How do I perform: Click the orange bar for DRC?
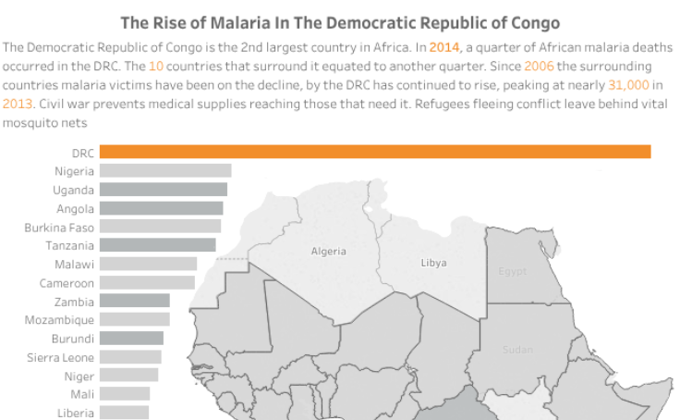coord(374,152)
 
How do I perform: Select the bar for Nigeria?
coord(164,171)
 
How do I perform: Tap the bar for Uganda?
coord(163,190)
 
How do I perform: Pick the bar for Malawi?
coord(148,264)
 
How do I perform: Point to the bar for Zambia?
coord(134,302)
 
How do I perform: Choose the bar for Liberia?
coord(124,413)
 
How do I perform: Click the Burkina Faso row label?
coord(59,227)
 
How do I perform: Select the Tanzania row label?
coord(69,245)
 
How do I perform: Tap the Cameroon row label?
coord(67,283)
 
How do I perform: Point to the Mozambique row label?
coord(59,320)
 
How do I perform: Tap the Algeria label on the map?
coord(329,252)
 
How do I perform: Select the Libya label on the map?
coord(433,263)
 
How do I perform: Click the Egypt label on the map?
coord(512,272)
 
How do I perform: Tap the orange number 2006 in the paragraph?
coord(539,66)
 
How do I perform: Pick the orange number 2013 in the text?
coord(18,104)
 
